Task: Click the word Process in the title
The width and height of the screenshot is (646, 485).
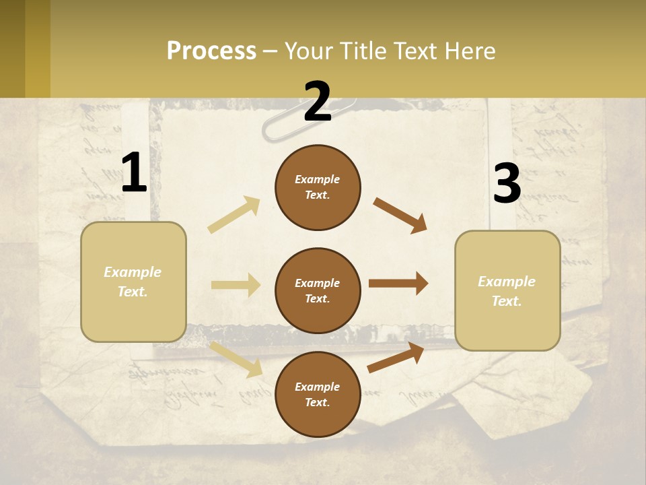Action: click(x=211, y=51)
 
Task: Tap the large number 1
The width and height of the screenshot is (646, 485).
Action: click(x=134, y=174)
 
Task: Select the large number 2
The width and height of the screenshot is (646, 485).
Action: click(x=318, y=102)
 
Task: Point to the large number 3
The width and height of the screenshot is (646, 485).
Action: click(x=507, y=184)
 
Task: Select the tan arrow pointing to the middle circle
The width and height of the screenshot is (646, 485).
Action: click(x=236, y=285)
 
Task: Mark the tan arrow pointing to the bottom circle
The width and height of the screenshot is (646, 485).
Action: click(x=236, y=359)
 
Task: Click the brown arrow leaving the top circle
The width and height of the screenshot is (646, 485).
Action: click(x=400, y=216)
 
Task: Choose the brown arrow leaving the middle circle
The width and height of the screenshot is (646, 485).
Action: click(x=398, y=284)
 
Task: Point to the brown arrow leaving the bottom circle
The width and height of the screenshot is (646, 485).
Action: click(x=396, y=357)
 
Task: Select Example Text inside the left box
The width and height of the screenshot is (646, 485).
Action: click(x=133, y=282)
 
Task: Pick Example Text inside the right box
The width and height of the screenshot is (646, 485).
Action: click(x=507, y=291)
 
